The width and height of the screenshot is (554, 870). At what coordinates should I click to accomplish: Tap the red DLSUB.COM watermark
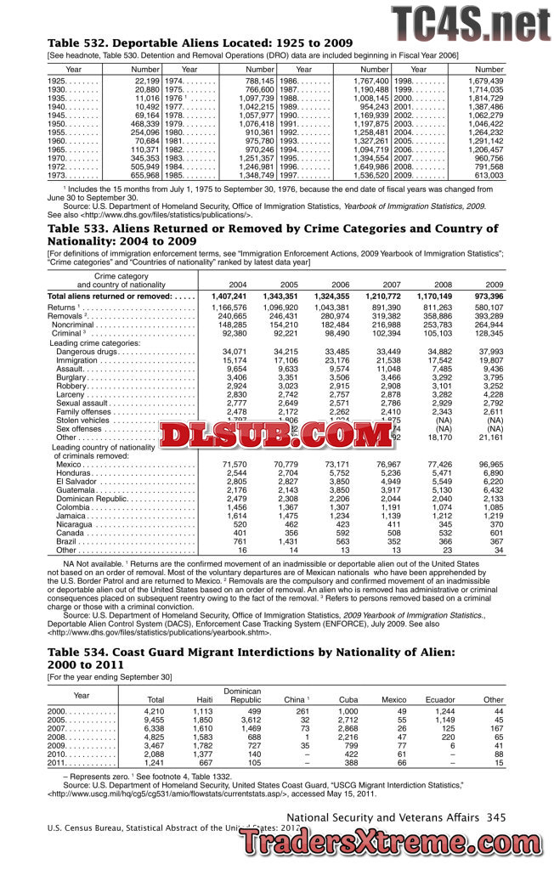(271, 437)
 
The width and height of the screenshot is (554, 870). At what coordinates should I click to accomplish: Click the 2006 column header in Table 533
(340, 284)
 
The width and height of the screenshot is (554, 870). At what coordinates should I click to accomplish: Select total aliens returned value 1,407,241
(228, 296)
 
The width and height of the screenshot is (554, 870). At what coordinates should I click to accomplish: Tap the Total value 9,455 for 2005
(153, 720)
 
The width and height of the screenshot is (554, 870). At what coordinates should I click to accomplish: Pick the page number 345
(496, 817)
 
